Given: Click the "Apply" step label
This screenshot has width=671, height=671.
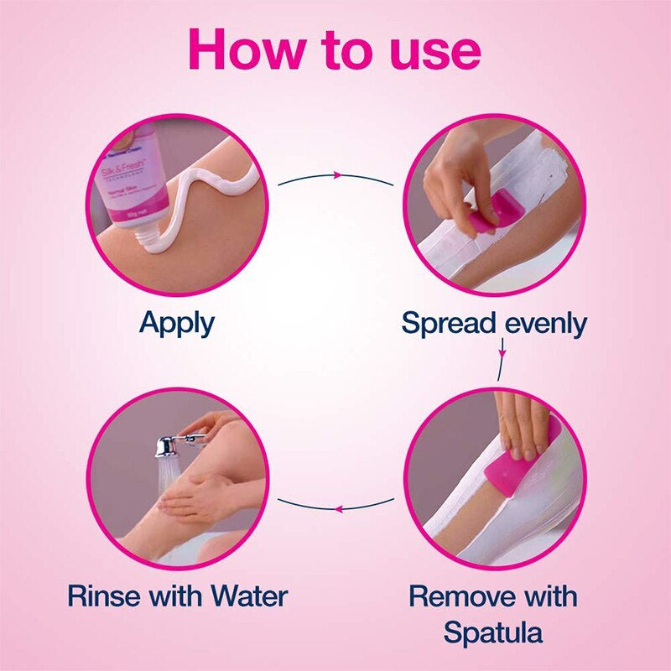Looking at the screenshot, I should (x=177, y=323).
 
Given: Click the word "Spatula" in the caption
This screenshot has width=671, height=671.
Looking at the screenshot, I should (x=494, y=632).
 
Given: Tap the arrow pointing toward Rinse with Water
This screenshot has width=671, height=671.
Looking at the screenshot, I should (x=335, y=507).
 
